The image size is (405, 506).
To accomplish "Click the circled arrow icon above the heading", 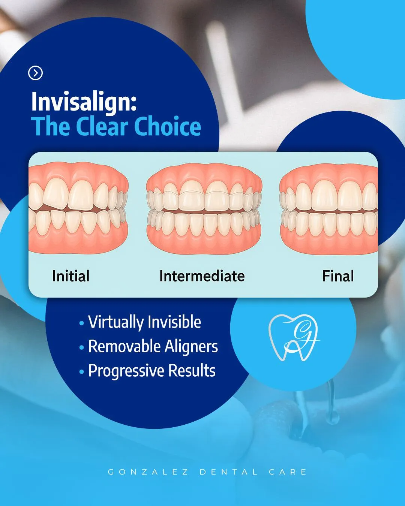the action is click(x=35, y=73).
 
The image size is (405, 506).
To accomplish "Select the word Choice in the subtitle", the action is click(x=168, y=126).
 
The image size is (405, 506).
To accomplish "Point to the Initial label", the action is click(x=70, y=275).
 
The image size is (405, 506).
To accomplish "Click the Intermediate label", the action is click(x=202, y=275).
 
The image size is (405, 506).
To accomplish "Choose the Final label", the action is click(x=338, y=275).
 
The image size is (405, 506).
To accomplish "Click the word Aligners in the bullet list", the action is click(x=191, y=347).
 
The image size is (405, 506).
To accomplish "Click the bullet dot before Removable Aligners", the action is click(x=82, y=347).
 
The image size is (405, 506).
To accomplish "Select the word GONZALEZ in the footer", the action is click(x=148, y=472).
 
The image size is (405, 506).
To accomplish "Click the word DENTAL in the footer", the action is click(x=229, y=472).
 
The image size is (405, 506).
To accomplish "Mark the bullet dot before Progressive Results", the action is click(x=82, y=372).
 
